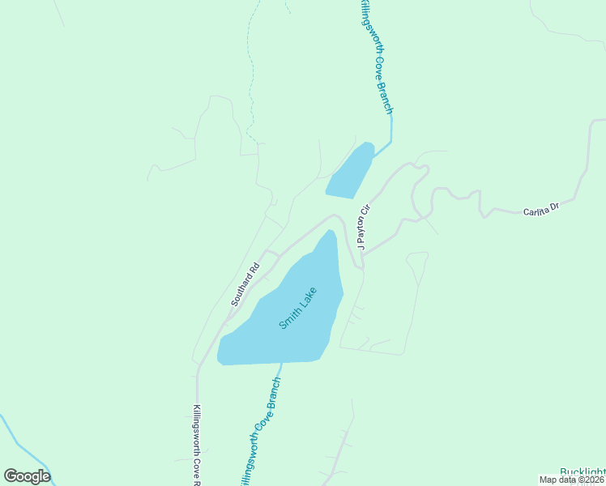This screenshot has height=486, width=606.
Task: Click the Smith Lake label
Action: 300,308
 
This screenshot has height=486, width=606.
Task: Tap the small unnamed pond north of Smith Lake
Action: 350,173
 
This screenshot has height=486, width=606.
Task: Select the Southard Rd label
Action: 244,284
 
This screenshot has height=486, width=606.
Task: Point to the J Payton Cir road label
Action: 362,226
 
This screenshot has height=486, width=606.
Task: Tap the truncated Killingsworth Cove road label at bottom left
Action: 197,446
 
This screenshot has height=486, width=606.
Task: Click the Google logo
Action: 27,475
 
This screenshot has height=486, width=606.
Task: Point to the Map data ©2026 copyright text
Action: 571,480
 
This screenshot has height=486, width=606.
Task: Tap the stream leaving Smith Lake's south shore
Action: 280,372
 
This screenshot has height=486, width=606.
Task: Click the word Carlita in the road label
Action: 536,211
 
